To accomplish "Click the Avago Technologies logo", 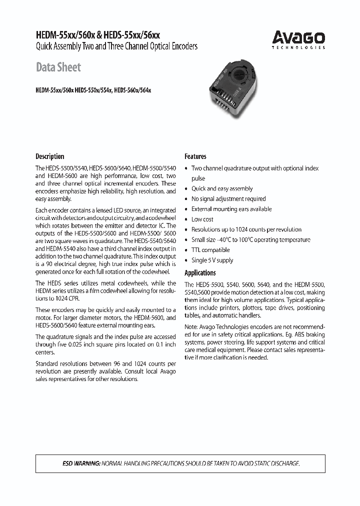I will click(298, 39).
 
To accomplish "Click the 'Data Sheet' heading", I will click(58, 67).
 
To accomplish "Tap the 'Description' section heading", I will click(49, 156).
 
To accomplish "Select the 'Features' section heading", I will click(195, 156).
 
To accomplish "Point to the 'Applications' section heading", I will click(200, 272).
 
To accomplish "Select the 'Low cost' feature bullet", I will click(202, 219).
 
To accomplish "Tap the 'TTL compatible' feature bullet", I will click(210, 249).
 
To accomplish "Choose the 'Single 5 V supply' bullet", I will click(212, 260).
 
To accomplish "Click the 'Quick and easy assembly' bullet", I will click(222, 188).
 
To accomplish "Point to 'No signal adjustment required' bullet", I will click(228, 198).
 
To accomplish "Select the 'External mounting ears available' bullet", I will click(231, 209).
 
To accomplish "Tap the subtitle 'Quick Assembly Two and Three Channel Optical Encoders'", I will click(116, 46).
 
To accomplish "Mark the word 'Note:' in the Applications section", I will click(192, 327).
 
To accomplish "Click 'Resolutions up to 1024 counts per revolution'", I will click(246, 229).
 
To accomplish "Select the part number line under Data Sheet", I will click(93, 90).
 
